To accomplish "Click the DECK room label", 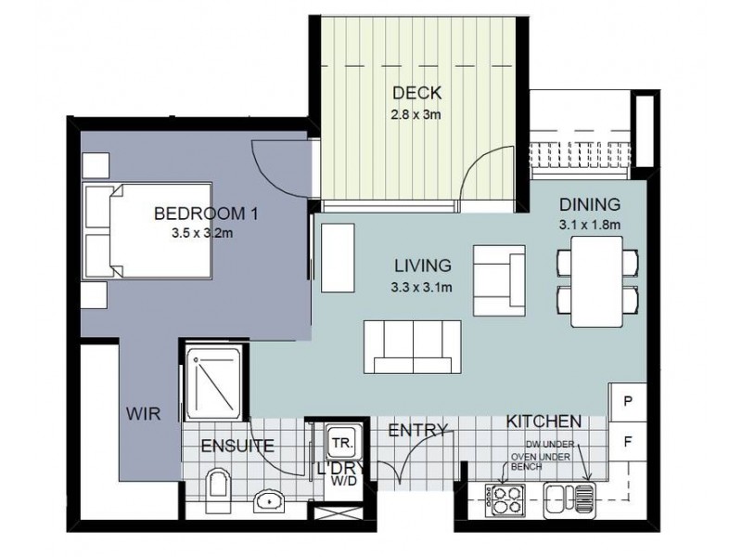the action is pos(416,93).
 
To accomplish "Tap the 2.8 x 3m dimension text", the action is pos(416,114).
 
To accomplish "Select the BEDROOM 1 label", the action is pos(206,214).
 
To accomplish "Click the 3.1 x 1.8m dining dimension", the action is pos(590,225).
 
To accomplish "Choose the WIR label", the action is pos(143,414).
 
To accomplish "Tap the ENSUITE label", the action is pos(237,446).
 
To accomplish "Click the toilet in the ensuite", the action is pos(217,490).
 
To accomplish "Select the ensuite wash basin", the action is pos(269,501).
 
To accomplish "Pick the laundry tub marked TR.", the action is pos(343,444).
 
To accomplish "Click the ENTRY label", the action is pos(417,430).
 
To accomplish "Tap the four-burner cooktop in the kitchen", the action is pos(505,500).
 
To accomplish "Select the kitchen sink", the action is pos(569,500).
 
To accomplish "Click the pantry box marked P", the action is pos(628,402).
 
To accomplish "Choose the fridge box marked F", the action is pos(628,442).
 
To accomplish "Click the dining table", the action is pos(596,281).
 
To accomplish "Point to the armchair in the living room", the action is pos(499,280).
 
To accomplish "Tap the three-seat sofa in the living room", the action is pos(412,346).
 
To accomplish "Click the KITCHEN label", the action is pos(544,421).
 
